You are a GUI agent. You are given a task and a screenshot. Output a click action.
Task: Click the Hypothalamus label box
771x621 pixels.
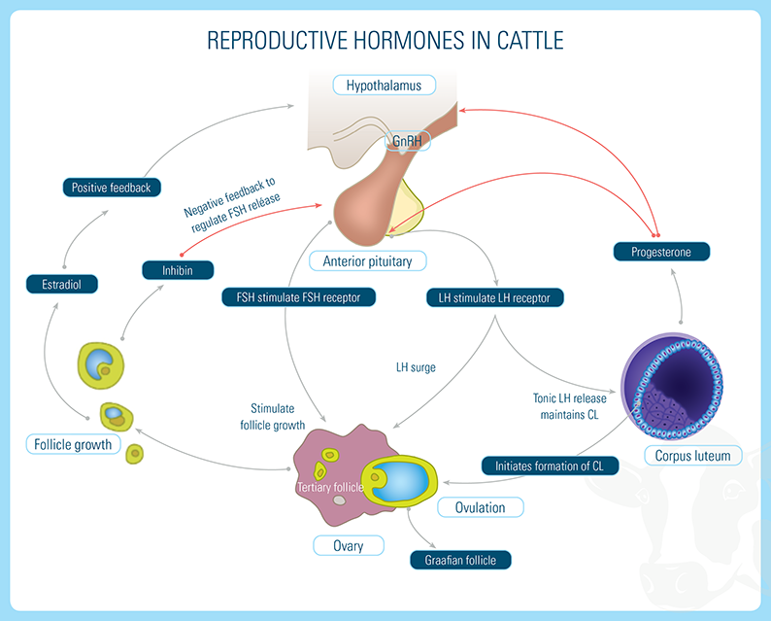point(384,86)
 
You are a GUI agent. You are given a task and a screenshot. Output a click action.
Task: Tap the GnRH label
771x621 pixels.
point(407,142)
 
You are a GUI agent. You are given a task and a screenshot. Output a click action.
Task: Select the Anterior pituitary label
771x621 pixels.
point(367,260)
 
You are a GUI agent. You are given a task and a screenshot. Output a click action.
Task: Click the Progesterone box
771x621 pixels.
point(662,252)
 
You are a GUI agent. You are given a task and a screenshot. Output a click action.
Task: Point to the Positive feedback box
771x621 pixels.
point(111,187)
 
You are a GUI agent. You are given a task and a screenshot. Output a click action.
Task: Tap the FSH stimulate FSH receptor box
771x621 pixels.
point(291,297)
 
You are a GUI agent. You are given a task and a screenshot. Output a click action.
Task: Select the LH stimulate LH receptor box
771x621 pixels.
point(494,297)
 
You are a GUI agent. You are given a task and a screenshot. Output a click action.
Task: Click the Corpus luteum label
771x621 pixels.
point(693,455)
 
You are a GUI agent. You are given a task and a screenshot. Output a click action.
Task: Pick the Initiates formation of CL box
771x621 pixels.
point(549,466)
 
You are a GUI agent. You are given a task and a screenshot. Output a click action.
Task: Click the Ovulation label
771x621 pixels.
point(480,507)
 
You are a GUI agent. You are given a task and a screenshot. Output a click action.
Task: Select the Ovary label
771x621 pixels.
point(348,545)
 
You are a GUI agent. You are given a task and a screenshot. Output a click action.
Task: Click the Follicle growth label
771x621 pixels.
point(73,445)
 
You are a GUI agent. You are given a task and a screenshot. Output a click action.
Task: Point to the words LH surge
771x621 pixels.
point(416,368)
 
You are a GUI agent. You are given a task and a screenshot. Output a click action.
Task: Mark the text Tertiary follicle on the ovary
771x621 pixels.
point(330,486)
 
